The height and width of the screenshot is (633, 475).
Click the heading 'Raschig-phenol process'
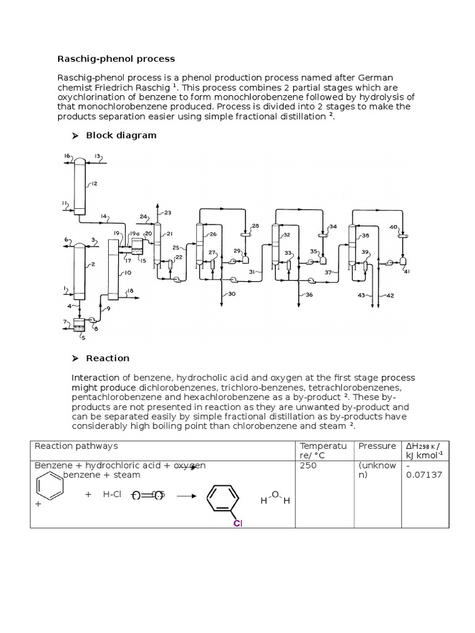(116, 59)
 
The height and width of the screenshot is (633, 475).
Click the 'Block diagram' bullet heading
(121, 135)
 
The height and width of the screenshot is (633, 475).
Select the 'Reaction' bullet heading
(108, 358)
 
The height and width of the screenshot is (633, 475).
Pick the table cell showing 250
(308, 465)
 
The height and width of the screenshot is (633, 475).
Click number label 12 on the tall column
(94, 184)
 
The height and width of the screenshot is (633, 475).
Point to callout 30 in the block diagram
(232, 294)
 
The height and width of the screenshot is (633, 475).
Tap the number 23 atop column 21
(168, 212)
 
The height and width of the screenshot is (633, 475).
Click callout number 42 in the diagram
(390, 295)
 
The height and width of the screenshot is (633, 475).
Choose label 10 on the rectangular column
(127, 273)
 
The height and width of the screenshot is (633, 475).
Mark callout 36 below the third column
(309, 295)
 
